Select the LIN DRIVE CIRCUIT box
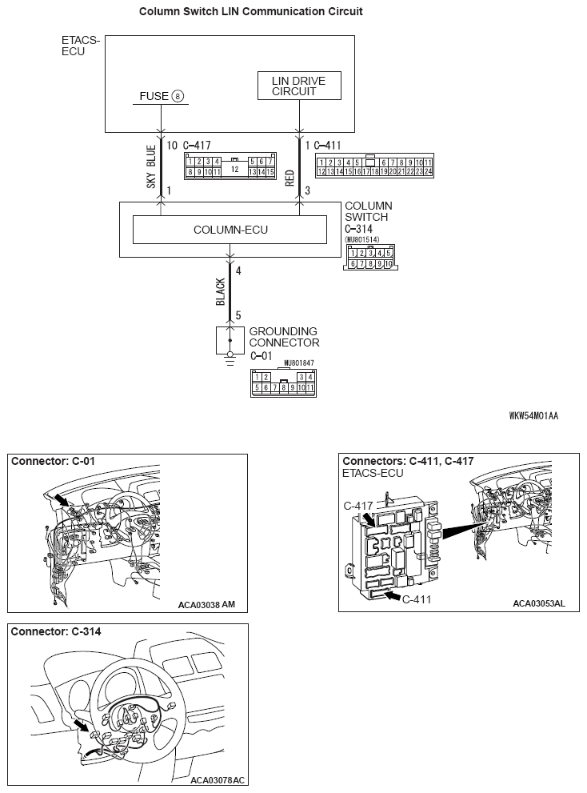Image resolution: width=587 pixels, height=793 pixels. pyautogui.click(x=299, y=86)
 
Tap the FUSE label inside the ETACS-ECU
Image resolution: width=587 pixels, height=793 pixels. pyautogui.click(x=154, y=96)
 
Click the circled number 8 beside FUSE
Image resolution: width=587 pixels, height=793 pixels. pyautogui.click(x=178, y=96)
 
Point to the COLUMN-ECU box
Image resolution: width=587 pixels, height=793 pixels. pyautogui.click(x=230, y=230)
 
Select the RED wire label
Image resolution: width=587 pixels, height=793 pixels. pyautogui.click(x=290, y=177)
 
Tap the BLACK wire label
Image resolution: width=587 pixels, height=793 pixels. pyautogui.click(x=221, y=292)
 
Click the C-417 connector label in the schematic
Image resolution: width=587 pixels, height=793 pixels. pyautogui.click(x=197, y=146)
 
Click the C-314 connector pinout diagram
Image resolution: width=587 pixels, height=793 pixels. pyautogui.click(x=370, y=258)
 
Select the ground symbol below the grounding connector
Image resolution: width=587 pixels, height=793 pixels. pyautogui.click(x=230, y=358)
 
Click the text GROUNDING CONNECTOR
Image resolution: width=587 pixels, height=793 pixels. pyautogui.click(x=283, y=337)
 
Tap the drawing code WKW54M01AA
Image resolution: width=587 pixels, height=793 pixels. pyautogui.click(x=533, y=415)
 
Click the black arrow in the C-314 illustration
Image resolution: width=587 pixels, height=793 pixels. pyautogui.click(x=81, y=726)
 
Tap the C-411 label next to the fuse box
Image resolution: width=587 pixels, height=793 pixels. pyautogui.click(x=418, y=599)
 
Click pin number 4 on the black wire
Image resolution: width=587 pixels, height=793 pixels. pyautogui.click(x=238, y=270)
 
